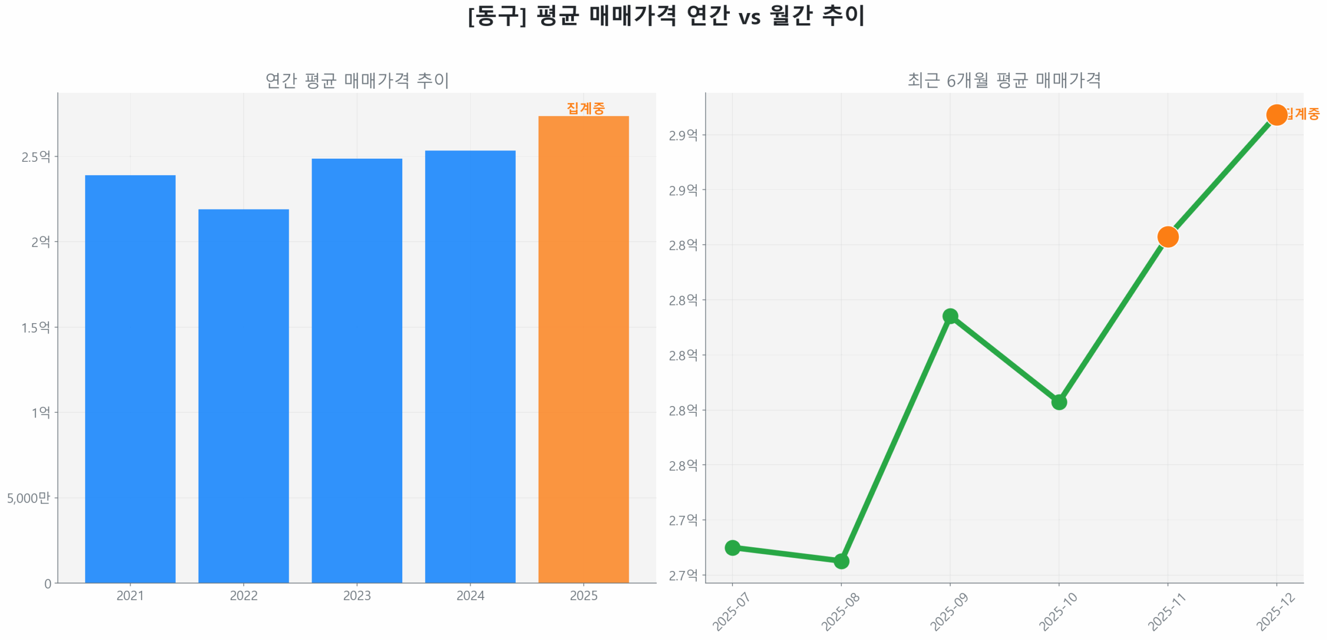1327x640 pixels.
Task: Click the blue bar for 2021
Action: click(130, 379)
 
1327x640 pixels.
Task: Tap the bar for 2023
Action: click(357, 370)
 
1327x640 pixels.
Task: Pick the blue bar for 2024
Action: click(470, 366)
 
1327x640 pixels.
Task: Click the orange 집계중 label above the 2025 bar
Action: click(585, 108)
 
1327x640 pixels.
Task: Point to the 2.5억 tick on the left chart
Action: click(35, 157)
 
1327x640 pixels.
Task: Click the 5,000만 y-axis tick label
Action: click(28, 498)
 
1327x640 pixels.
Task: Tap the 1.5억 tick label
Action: click(35, 327)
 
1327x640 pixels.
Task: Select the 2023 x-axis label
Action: click(357, 595)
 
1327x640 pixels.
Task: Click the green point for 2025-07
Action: click(732, 547)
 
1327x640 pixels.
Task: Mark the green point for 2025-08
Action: click(841, 561)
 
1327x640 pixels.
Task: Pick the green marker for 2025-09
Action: click(950, 316)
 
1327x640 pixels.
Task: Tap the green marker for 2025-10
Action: click(1058, 402)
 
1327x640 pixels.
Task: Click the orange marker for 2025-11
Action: click(1167, 237)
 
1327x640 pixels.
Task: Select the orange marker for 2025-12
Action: click(1276, 115)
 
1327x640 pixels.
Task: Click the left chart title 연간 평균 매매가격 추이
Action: click(357, 80)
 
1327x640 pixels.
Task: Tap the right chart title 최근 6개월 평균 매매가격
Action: click(1004, 80)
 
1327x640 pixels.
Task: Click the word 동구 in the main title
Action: click(497, 16)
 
